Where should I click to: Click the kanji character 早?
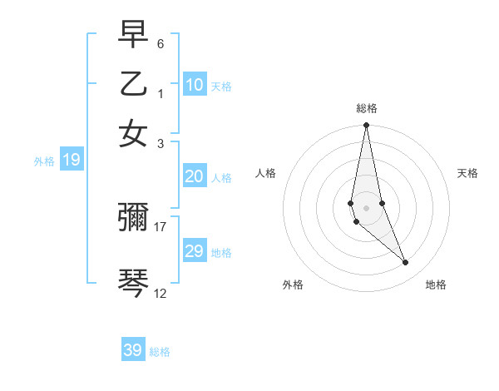134,34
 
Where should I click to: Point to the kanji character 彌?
134,218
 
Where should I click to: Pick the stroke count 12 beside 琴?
161,293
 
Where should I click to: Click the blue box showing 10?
195,85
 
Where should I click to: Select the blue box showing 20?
195,176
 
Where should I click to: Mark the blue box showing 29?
195,251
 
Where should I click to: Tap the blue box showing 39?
133,350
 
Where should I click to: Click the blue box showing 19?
72,160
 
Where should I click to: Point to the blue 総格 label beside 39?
160,352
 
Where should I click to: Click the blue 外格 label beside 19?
44,161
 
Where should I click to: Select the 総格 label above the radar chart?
366,108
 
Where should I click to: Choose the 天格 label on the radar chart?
468,173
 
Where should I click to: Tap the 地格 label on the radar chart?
436,285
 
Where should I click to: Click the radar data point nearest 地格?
406,263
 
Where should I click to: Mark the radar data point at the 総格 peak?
366,126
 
